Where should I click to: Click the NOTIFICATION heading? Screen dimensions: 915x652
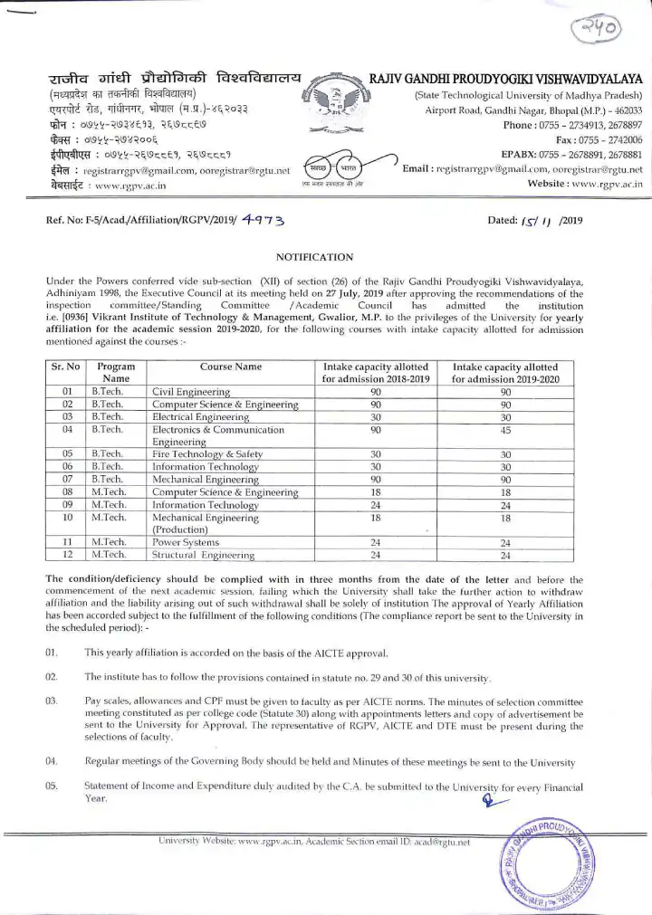pyautogui.click(x=307, y=258)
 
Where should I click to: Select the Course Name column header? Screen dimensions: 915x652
pyautogui.click(x=230, y=367)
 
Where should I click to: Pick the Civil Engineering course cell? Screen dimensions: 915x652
pyautogui.click(x=190, y=392)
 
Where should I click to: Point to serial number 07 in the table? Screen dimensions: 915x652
pyautogui.click(x=66, y=479)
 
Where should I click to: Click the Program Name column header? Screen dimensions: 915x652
pyautogui.click(x=116, y=372)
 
